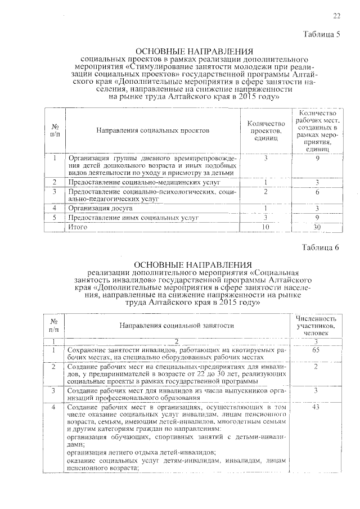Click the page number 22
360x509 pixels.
tap(336, 15)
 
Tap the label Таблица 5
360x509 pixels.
tap(321, 34)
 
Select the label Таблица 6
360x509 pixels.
tap(321, 247)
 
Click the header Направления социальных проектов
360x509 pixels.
tap(152, 130)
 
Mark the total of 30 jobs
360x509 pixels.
tap(318, 226)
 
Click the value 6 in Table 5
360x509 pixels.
tap(318, 193)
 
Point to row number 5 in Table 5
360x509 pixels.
tap(55, 217)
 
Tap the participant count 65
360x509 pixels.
tap(316, 350)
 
